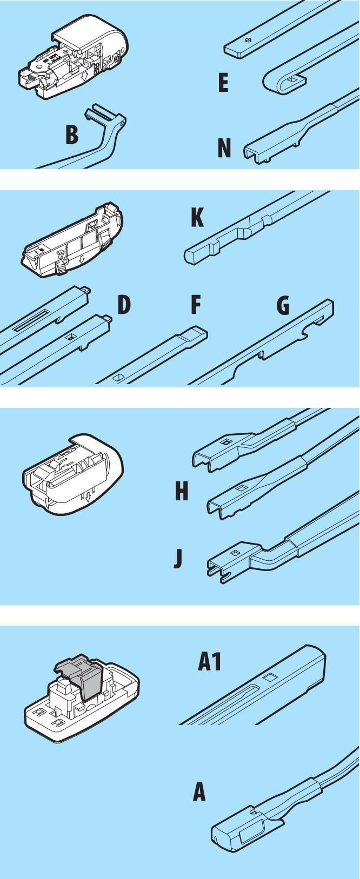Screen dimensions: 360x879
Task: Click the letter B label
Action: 72,135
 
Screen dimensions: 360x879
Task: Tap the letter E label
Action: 223,83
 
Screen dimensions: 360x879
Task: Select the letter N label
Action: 224,148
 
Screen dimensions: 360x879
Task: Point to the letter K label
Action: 197,217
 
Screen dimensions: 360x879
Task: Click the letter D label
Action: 124,305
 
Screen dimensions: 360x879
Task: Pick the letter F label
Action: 196,305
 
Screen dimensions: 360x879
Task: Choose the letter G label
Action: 283,305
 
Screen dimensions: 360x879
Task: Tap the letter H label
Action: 182,491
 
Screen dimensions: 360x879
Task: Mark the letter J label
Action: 178,559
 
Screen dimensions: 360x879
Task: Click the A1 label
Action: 210,662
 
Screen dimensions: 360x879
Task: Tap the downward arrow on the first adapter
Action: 83,77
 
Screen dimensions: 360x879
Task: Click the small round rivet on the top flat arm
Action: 248,39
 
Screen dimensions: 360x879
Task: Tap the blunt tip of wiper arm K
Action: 190,256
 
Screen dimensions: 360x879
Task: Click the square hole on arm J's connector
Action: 235,553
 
